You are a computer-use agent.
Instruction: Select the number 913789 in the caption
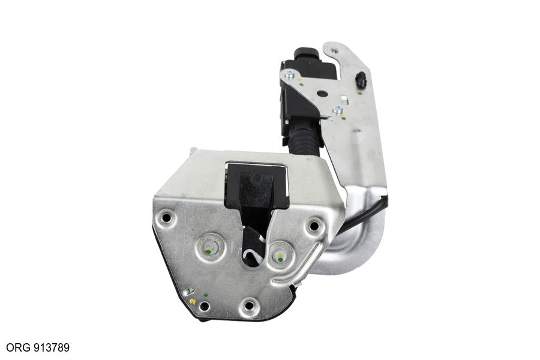pos(52,347)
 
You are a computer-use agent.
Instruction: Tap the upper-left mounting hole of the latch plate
pos(167,218)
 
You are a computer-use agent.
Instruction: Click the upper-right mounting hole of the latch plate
pos(314,226)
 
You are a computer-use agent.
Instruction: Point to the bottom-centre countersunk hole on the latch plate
pos(248,305)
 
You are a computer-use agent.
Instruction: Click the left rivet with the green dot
pos(210,248)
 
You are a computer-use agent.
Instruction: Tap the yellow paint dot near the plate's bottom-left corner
pos(193,301)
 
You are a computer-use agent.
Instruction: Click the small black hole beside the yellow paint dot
pos(205,306)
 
